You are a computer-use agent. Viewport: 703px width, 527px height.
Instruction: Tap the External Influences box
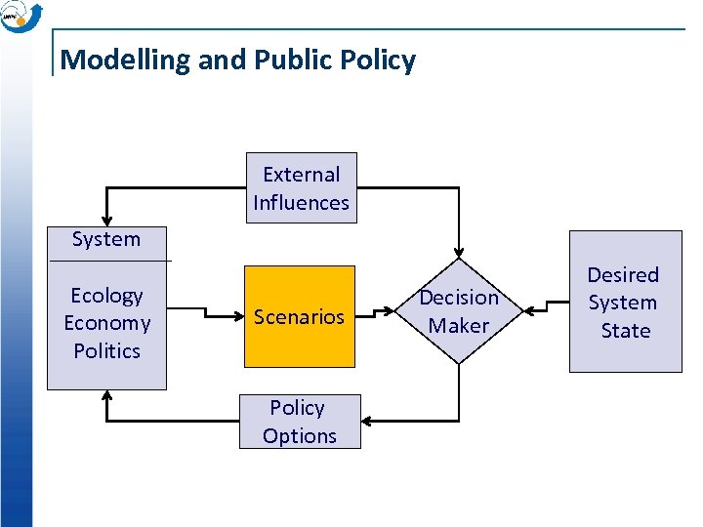pos(301,188)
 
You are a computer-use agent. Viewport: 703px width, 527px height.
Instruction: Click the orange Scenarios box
pos(299,316)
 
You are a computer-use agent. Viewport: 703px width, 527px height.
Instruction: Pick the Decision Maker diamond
pos(458,311)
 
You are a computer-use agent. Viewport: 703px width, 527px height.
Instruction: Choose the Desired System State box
pos(625,302)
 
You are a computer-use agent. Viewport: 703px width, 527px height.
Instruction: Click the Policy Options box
pos(300,422)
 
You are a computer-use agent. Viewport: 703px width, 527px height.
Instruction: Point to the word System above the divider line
pos(106,239)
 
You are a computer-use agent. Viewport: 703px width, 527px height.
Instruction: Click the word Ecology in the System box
pos(106,295)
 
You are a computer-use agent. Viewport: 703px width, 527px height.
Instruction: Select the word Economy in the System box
pos(106,323)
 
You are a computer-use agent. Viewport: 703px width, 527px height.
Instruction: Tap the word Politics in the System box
pos(106,350)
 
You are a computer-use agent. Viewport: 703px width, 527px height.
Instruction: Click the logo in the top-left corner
pos(21,17)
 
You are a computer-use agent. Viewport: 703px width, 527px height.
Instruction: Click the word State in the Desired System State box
pos(625,331)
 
